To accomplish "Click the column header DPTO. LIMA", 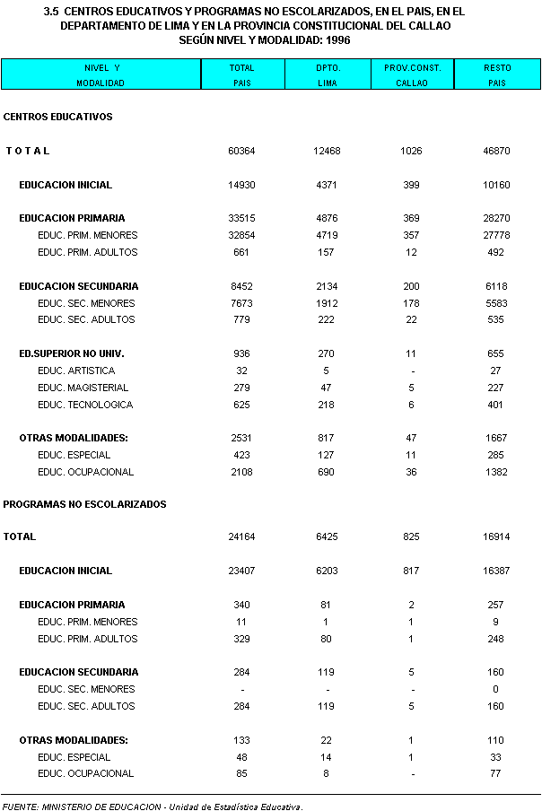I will click(x=327, y=74).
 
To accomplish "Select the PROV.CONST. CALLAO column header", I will click(x=412, y=74).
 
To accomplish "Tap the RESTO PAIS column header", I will click(x=497, y=74).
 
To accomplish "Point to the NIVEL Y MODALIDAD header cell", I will click(x=101, y=74).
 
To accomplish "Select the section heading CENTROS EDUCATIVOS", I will click(x=57, y=117).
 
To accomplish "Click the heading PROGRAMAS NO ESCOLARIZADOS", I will click(x=84, y=504).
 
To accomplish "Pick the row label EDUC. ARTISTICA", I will click(x=76, y=371).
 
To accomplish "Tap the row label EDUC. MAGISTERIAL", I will click(x=83, y=388).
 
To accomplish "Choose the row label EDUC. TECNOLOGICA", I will click(x=85, y=405).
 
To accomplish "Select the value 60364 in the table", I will click(x=241, y=151).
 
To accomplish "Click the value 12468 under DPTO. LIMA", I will click(x=327, y=151).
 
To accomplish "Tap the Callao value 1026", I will click(x=411, y=151).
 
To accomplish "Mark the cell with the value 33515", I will click(x=241, y=218).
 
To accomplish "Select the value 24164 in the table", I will click(x=241, y=536).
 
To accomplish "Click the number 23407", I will click(x=241, y=571).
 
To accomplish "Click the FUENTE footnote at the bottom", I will click(x=153, y=806).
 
